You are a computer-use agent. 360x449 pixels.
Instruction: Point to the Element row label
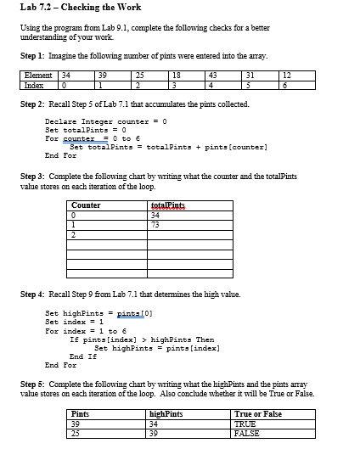[x=37, y=76]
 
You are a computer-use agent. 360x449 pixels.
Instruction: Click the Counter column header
[x=87, y=205]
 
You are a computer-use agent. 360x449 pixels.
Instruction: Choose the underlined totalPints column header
[x=165, y=205]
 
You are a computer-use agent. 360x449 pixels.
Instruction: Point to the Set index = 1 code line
[x=73, y=322]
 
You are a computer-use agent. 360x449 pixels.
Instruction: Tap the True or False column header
[x=256, y=413]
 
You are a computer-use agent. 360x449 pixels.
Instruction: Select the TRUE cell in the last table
[x=246, y=423]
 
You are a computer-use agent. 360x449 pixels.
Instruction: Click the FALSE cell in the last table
[x=247, y=432]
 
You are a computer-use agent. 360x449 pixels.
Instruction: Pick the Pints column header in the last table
[x=82, y=413]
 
